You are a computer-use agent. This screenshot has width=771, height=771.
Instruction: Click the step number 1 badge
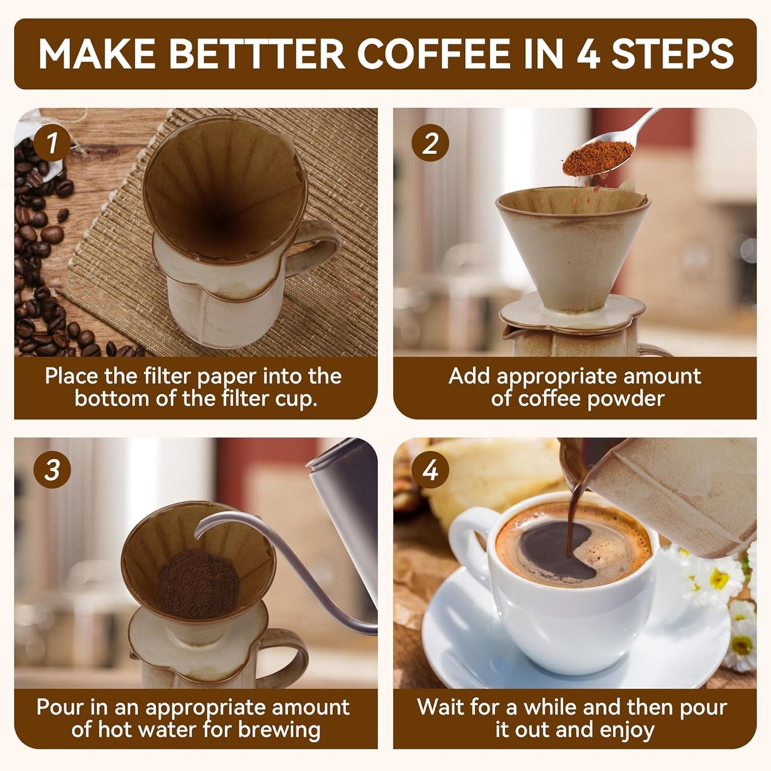(52, 143)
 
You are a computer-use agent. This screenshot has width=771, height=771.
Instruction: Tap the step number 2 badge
(431, 143)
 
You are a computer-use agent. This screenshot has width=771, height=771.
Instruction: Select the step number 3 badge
(52, 470)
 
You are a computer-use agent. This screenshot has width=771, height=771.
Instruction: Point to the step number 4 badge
(431, 470)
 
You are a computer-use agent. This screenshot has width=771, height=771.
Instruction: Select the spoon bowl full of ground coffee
(586, 158)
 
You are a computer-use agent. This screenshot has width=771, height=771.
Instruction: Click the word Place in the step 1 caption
(71, 376)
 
